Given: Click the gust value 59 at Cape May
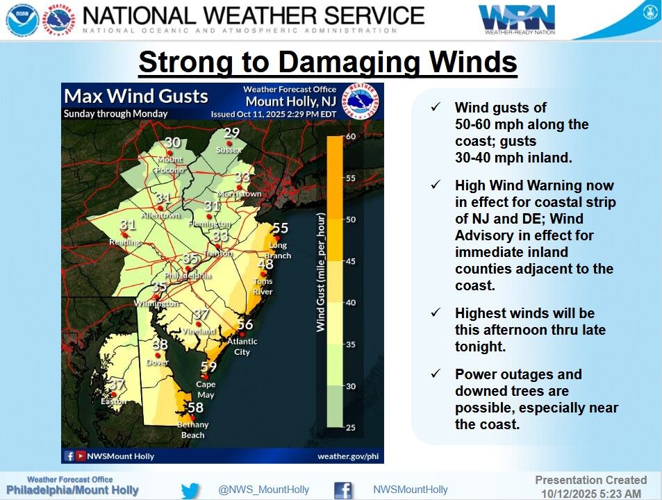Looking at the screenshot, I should point(208,367).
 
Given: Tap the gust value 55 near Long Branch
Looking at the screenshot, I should point(280,228).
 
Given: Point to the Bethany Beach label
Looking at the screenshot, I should point(192,430).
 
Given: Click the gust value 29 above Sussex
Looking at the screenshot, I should point(231,133).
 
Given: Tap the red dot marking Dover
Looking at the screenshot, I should point(158,356).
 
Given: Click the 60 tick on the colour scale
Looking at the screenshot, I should point(351,136).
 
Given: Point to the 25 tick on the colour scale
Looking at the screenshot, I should point(351,427).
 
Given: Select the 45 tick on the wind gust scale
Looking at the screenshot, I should point(351,261).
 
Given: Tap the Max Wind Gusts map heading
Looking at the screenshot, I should point(136,96).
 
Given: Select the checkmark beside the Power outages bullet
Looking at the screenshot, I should point(436,374).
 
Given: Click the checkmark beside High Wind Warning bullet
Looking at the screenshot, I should point(436,185).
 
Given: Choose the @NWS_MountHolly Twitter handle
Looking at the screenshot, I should point(264,490).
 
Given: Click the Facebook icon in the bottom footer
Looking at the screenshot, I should point(342,490).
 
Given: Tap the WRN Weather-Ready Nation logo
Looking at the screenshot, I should point(516,19).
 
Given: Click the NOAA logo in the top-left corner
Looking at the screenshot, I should point(22,19).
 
